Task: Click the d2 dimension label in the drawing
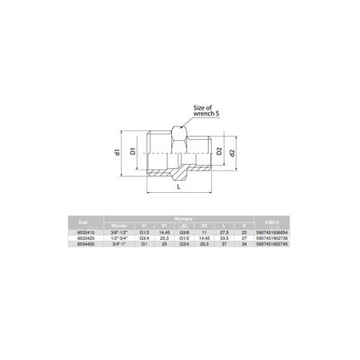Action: (233, 152)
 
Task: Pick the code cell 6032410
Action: (83, 231)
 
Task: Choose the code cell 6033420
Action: (83, 238)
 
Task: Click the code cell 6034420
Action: (83, 244)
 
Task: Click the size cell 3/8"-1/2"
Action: (119, 231)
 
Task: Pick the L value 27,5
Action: (225, 231)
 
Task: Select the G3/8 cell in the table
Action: (184, 231)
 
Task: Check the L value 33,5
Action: (225, 238)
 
